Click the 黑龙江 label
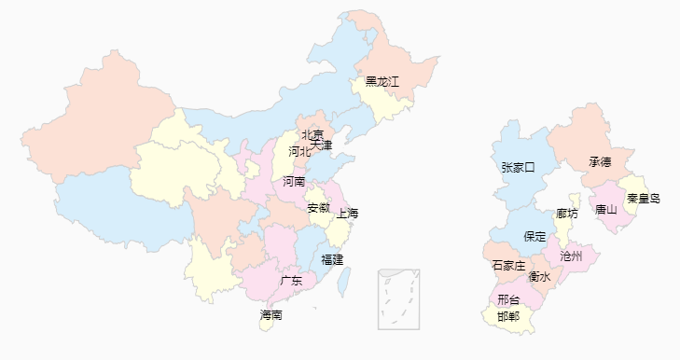click(382, 82)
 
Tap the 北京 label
click(312, 134)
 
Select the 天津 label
click(321, 145)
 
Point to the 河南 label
click(294, 181)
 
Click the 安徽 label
click(319, 207)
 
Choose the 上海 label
click(348, 214)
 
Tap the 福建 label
click(332, 258)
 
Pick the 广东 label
click(291, 280)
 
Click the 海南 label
click(271, 315)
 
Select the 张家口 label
click(518, 168)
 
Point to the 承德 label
click(600, 162)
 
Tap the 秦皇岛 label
click(643, 199)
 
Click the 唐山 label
click(605, 209)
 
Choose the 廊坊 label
click(566, 214)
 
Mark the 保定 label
click(535, 237)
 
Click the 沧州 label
click(571, 255)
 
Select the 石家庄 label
click(508, 266)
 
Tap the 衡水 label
click(539, 276)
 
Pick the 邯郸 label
click(508, 316)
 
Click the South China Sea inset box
click(398, 298)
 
